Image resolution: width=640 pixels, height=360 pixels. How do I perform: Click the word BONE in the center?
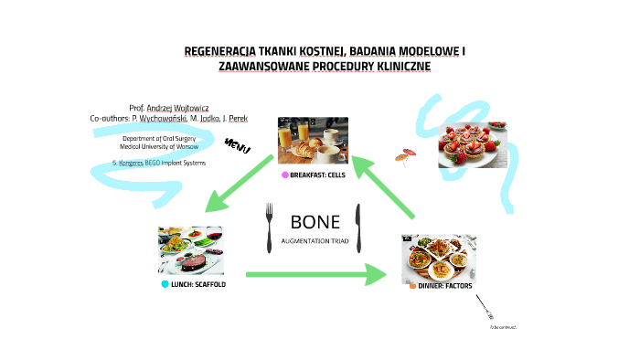pos(315,222)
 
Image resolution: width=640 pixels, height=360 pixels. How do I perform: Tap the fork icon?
pos(269,228)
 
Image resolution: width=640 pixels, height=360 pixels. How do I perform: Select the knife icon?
pos(359,228)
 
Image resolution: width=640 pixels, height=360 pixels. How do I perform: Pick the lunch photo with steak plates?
pos(190,249)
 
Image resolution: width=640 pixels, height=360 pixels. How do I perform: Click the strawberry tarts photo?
pos(474,144)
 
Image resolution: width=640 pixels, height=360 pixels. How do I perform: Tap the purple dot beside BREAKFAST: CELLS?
pos(285,175)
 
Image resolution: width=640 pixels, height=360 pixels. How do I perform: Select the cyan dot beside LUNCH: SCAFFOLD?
pos(165,284)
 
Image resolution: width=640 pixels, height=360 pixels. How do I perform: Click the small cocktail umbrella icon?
pos(404,155)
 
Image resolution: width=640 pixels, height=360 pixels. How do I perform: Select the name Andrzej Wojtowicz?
pos(179,107)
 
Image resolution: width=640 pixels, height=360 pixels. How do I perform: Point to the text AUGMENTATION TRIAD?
pos(315,240)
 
